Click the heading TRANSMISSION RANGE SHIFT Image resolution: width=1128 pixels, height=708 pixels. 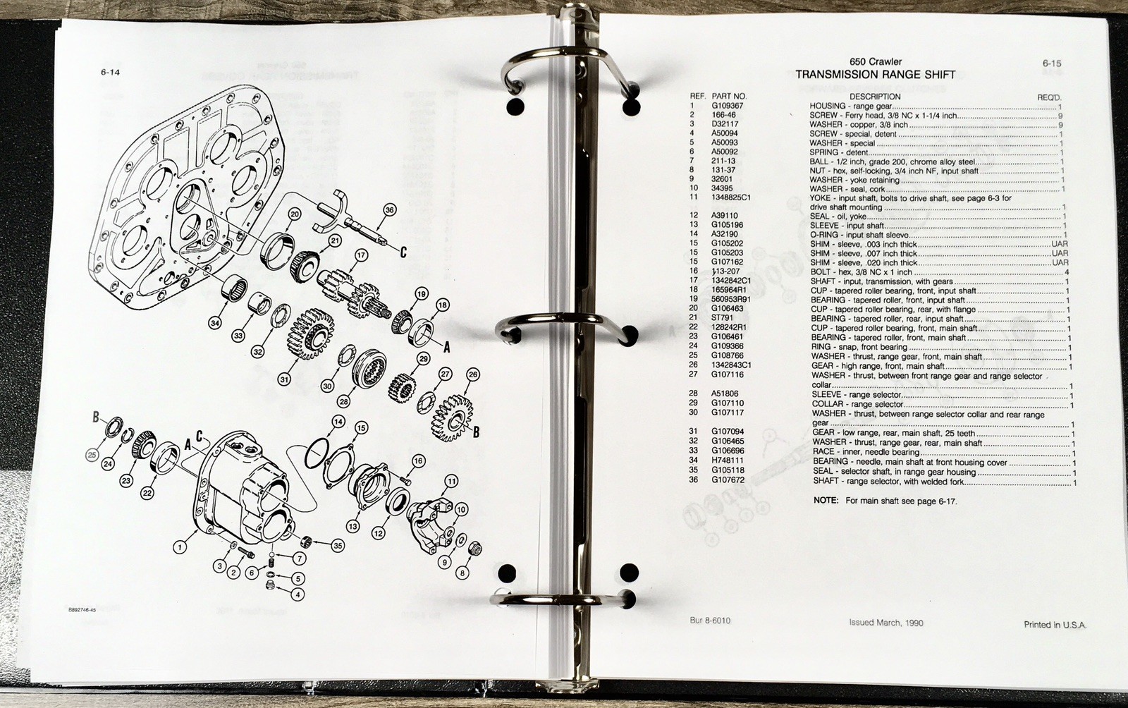[875, 75]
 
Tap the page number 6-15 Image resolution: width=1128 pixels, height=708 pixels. [1052, 63]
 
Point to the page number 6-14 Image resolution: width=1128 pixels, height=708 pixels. [110, 72]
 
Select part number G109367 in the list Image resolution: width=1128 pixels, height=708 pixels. [727, 106]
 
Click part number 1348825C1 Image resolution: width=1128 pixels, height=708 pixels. [730, 197]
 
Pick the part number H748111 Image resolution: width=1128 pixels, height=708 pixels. [727, 460]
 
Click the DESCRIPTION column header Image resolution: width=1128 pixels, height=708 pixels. [875, 96]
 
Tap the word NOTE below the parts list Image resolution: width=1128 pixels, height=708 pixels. [826, 501]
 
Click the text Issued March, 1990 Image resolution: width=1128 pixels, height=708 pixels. [886, 623]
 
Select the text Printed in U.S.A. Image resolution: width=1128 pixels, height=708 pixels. [1055, 625]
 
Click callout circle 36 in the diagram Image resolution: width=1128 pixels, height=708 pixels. [389, 210]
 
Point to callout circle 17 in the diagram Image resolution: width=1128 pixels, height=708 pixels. [361, 255]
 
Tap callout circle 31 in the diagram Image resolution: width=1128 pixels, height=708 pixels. [285, 379]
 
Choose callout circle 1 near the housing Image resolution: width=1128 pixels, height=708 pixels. [179, 546]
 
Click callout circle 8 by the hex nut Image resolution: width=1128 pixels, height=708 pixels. [462, 573]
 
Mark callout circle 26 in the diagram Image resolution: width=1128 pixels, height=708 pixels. [472, 374]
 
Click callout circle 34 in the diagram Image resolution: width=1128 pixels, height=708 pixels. [216, 323]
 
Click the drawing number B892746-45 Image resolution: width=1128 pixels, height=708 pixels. [82, 609]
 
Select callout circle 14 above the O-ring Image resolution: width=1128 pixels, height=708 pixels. [338, 421]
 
